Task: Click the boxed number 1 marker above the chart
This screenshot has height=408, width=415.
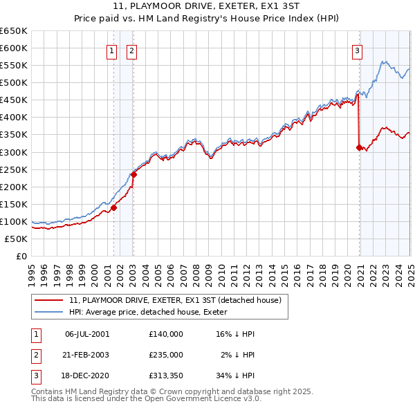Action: [111, 50]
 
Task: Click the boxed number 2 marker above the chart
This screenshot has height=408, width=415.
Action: [131, 50]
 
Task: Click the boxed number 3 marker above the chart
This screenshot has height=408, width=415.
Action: [357, 50]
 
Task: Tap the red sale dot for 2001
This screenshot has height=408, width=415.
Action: [113, 207]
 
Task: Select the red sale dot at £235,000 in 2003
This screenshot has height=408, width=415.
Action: [133, 174]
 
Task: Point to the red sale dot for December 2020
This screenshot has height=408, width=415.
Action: [359, 147]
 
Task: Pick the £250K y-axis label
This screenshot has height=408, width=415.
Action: [15, 169]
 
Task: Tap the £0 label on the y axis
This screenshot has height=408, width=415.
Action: [21, 256]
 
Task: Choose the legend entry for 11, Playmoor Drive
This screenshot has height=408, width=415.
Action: [175, 301]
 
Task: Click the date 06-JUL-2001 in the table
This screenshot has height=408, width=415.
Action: [87, 333]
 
